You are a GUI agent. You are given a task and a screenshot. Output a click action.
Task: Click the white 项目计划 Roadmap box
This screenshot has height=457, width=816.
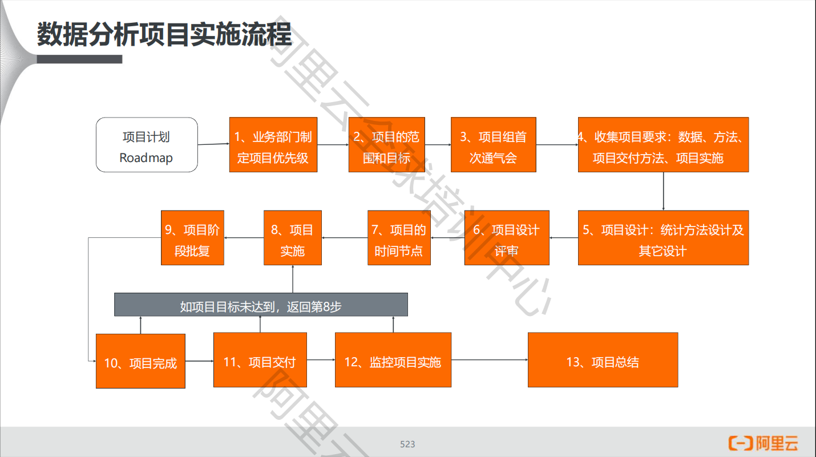pos(147,145)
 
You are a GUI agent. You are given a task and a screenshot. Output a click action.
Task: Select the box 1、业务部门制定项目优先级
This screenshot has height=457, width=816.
pos(273,145)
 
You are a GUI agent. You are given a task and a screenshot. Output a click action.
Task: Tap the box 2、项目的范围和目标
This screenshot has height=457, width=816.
pos(386,145)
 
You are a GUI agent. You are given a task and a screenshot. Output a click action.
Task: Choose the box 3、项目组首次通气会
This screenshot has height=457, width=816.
pos(493,145)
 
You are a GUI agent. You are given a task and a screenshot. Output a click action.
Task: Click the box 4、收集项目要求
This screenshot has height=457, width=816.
pos(663,145)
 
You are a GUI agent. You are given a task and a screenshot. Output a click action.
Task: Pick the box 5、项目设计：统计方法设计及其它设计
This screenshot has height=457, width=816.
pos(663,238)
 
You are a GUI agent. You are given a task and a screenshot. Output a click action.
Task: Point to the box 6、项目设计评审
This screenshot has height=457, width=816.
pos(506,238)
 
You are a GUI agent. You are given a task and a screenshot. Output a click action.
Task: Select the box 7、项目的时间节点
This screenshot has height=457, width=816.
pos(398,238)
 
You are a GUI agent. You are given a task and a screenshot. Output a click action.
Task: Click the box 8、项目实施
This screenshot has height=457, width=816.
pos(292,238)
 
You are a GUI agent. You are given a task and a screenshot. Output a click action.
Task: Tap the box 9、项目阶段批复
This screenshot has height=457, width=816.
pos(192,238)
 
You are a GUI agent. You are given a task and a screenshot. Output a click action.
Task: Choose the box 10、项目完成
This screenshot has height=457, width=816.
pos(140,361)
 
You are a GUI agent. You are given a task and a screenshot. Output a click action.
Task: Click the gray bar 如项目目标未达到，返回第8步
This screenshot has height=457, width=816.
pos(261,305)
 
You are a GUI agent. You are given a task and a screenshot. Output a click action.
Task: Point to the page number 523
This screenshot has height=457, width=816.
pos(407,444)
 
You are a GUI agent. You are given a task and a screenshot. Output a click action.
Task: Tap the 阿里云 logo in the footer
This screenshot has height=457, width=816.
pos(763,443)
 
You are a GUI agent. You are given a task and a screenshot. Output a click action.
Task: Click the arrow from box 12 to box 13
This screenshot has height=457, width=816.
pos(489,360)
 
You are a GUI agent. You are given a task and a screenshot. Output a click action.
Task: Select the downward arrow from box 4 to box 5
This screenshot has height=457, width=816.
pos(663,191)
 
